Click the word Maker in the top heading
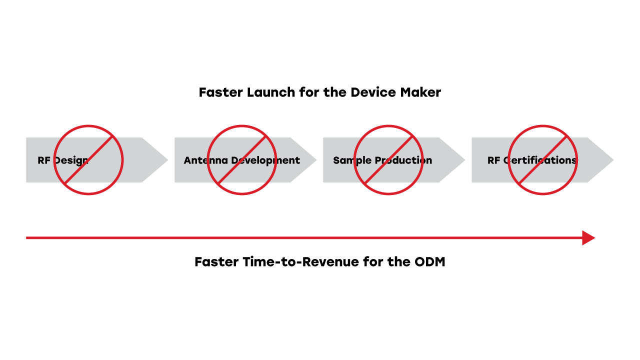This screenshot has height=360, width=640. (422, 92)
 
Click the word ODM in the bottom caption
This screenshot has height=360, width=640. (429, 262)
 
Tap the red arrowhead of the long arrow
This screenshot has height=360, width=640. (588, 238)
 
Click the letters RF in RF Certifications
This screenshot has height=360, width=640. (493, 160)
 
